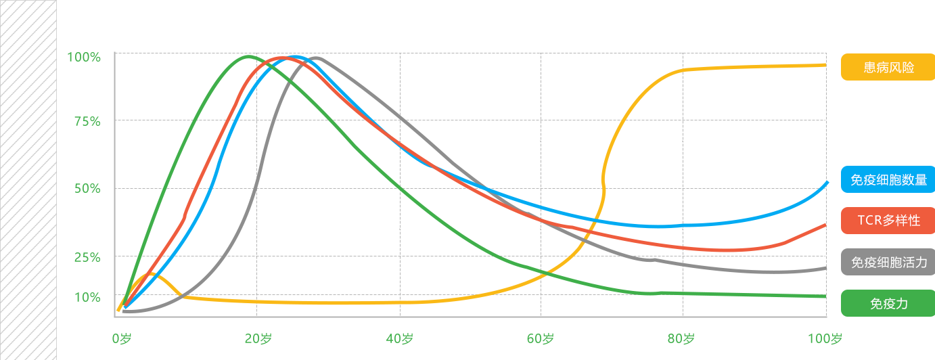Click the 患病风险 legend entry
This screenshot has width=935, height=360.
[887, 67]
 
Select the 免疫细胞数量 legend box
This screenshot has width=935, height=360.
[887, 179]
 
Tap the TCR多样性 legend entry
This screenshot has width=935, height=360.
[887, 221]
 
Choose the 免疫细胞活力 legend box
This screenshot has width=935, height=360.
[887, 262]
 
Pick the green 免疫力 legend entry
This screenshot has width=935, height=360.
[887, 303]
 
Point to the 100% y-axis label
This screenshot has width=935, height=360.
[84, 58]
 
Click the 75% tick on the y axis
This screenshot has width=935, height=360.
[87, 122]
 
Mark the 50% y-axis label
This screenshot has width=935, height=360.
[87, 189]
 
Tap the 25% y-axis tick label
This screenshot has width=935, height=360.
[87, 257]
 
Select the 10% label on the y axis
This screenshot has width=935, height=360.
[87, 297]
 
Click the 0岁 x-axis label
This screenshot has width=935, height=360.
[121, 338]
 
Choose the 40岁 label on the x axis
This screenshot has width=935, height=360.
[400, 338]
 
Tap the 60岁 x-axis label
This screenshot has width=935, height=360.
[541, 338]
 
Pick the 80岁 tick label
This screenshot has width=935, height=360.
[681, 338]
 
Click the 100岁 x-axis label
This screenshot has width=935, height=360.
[825, 338]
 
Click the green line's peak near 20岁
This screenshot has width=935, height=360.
[249, 57]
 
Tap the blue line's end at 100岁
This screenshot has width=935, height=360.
[826, 183]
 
